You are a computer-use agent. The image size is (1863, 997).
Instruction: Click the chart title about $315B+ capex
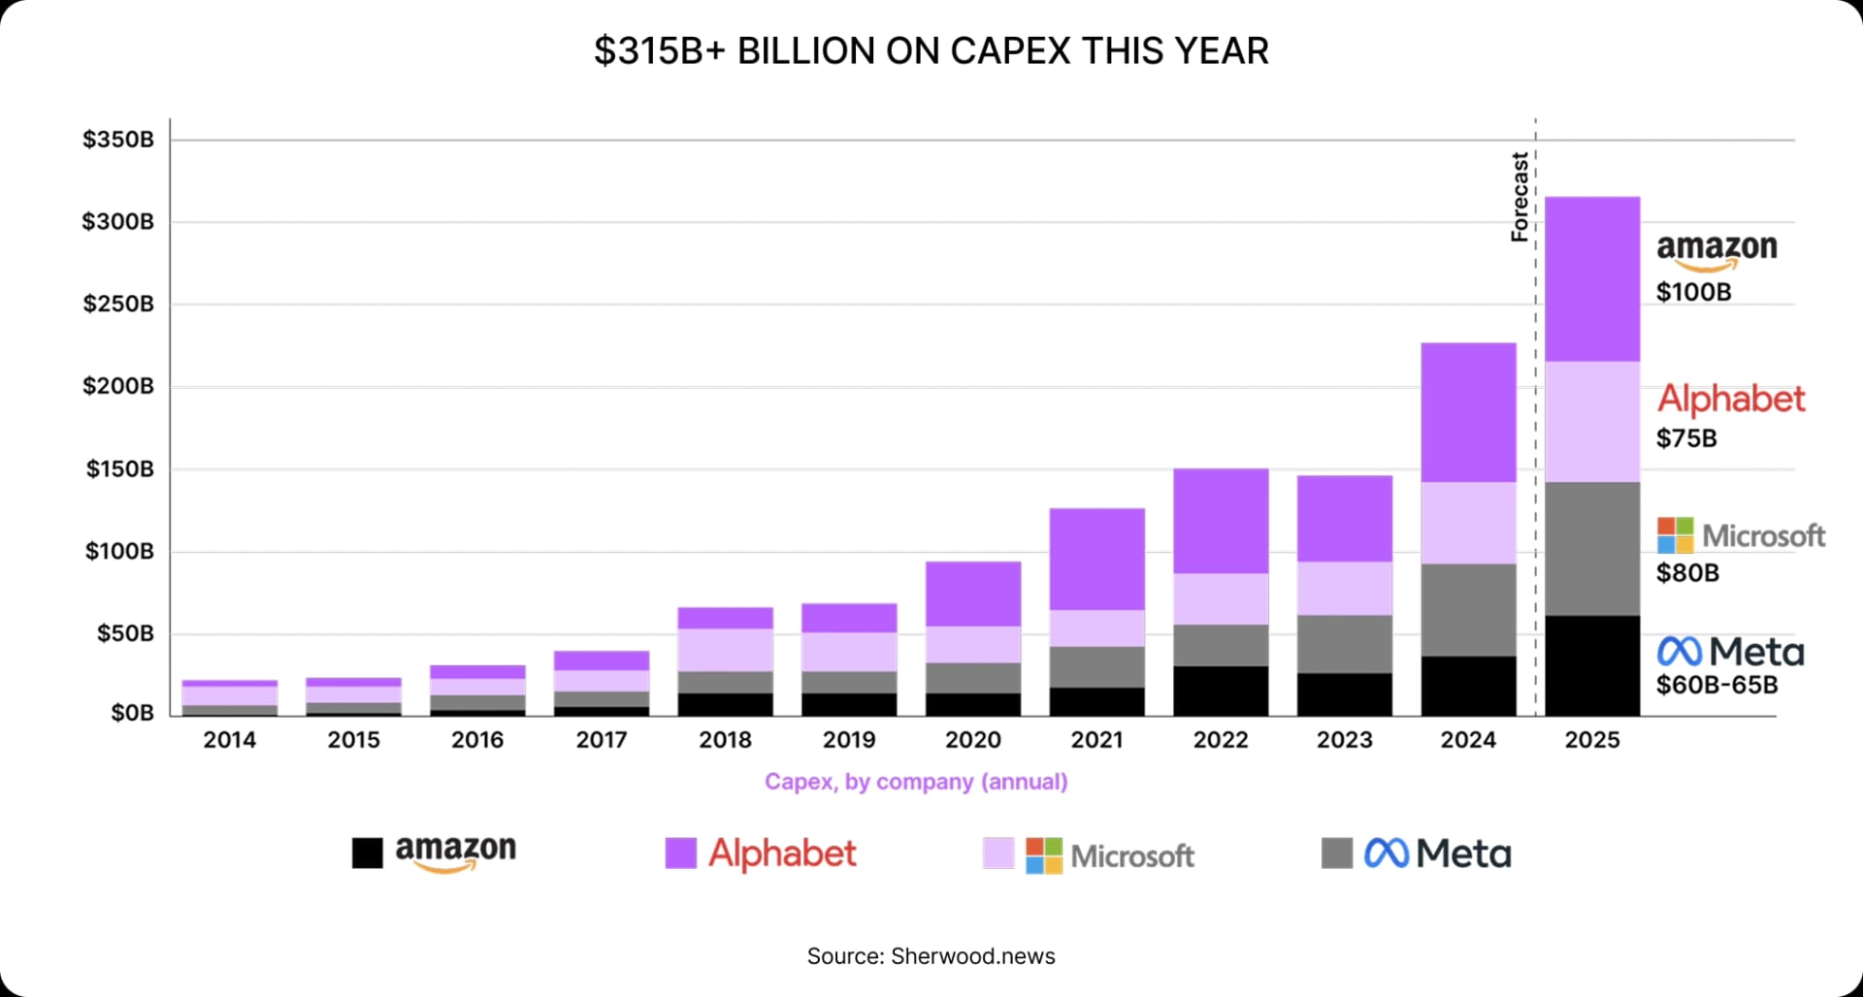[931, 51]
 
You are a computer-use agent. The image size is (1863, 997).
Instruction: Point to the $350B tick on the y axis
[117, 140]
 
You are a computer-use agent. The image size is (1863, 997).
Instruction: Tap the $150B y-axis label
[119, 469]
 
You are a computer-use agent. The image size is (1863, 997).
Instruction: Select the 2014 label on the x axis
[230, 740]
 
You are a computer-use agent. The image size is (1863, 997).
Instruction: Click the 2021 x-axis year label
[1096, 740]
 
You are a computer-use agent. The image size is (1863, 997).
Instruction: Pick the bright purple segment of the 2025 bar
[1592, 279]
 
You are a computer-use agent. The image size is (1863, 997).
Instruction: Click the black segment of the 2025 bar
[1592, 666]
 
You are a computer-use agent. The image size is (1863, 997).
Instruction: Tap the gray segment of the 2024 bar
[1468, 610]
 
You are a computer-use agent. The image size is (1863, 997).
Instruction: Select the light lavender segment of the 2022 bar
[1221, 598]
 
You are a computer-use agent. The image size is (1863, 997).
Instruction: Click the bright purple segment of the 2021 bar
[1096, 559]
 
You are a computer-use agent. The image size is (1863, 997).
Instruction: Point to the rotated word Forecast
[1520, 197]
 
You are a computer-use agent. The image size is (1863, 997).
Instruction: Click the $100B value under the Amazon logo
[1693, 292]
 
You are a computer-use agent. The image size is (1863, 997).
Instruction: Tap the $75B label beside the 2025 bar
[1686, 438]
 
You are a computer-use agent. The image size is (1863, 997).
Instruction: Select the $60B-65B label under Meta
[1716, 685]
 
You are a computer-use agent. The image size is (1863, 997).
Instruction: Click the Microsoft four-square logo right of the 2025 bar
[1675, 535]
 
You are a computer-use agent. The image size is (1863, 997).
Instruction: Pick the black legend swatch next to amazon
[367, 853]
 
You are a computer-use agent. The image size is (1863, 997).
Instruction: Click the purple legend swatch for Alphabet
[680, 853]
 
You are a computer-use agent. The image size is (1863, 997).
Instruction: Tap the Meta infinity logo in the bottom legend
[1386, 853]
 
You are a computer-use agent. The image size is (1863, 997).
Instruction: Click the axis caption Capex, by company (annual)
[915, 782]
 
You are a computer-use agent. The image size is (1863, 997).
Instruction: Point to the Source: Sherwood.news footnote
[931, 956]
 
